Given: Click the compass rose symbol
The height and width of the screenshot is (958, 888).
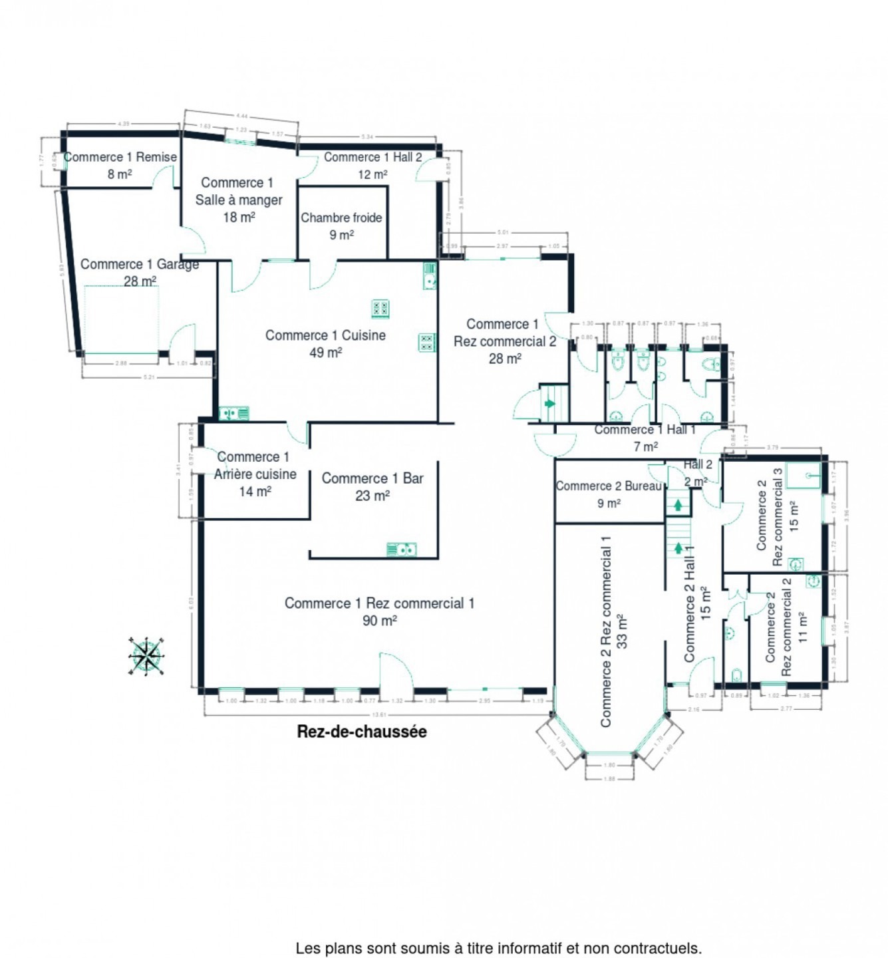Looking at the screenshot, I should (x=146, y=656).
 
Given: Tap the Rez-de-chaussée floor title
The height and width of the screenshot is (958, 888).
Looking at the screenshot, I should (x=362, y=732).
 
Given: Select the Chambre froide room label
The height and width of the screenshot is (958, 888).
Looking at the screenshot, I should (x=341, y=218).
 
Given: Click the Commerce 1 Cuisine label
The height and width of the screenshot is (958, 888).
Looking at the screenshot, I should (x=325, y=335).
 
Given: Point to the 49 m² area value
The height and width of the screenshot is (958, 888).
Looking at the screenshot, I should (x=325, y=353).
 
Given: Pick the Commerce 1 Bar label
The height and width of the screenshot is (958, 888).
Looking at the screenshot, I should (x=372, y=478).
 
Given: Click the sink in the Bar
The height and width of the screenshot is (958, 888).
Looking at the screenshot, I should (x=402, y=550).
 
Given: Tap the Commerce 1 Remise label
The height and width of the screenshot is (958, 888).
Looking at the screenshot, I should (x=120, y=157).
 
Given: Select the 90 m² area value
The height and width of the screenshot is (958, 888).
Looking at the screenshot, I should (x=379, y=621).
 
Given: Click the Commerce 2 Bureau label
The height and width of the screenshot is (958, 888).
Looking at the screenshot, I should (x=609, y=486).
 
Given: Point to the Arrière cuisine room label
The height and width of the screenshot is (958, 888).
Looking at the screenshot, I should (x=255, y=474).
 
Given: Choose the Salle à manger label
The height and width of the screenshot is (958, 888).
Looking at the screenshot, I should (x=239, y=200).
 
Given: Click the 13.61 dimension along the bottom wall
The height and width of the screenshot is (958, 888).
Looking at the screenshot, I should (x=379, y=715).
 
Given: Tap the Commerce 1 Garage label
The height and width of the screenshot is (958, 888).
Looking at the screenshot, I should (x=140, y=264).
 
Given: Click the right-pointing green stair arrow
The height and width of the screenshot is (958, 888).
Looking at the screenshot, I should (x=549, y=403).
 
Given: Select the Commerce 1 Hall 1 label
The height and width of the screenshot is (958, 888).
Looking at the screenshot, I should (x=645, y=430).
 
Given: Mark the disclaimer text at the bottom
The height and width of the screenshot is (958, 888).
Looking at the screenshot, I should (x=498, y=948).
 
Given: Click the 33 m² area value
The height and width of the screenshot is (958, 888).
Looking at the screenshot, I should (x=622, y=631).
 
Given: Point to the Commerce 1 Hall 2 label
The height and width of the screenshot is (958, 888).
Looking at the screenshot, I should (x=372, y=157).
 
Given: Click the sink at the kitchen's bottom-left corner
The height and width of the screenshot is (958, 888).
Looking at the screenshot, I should (x=233, y=414).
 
